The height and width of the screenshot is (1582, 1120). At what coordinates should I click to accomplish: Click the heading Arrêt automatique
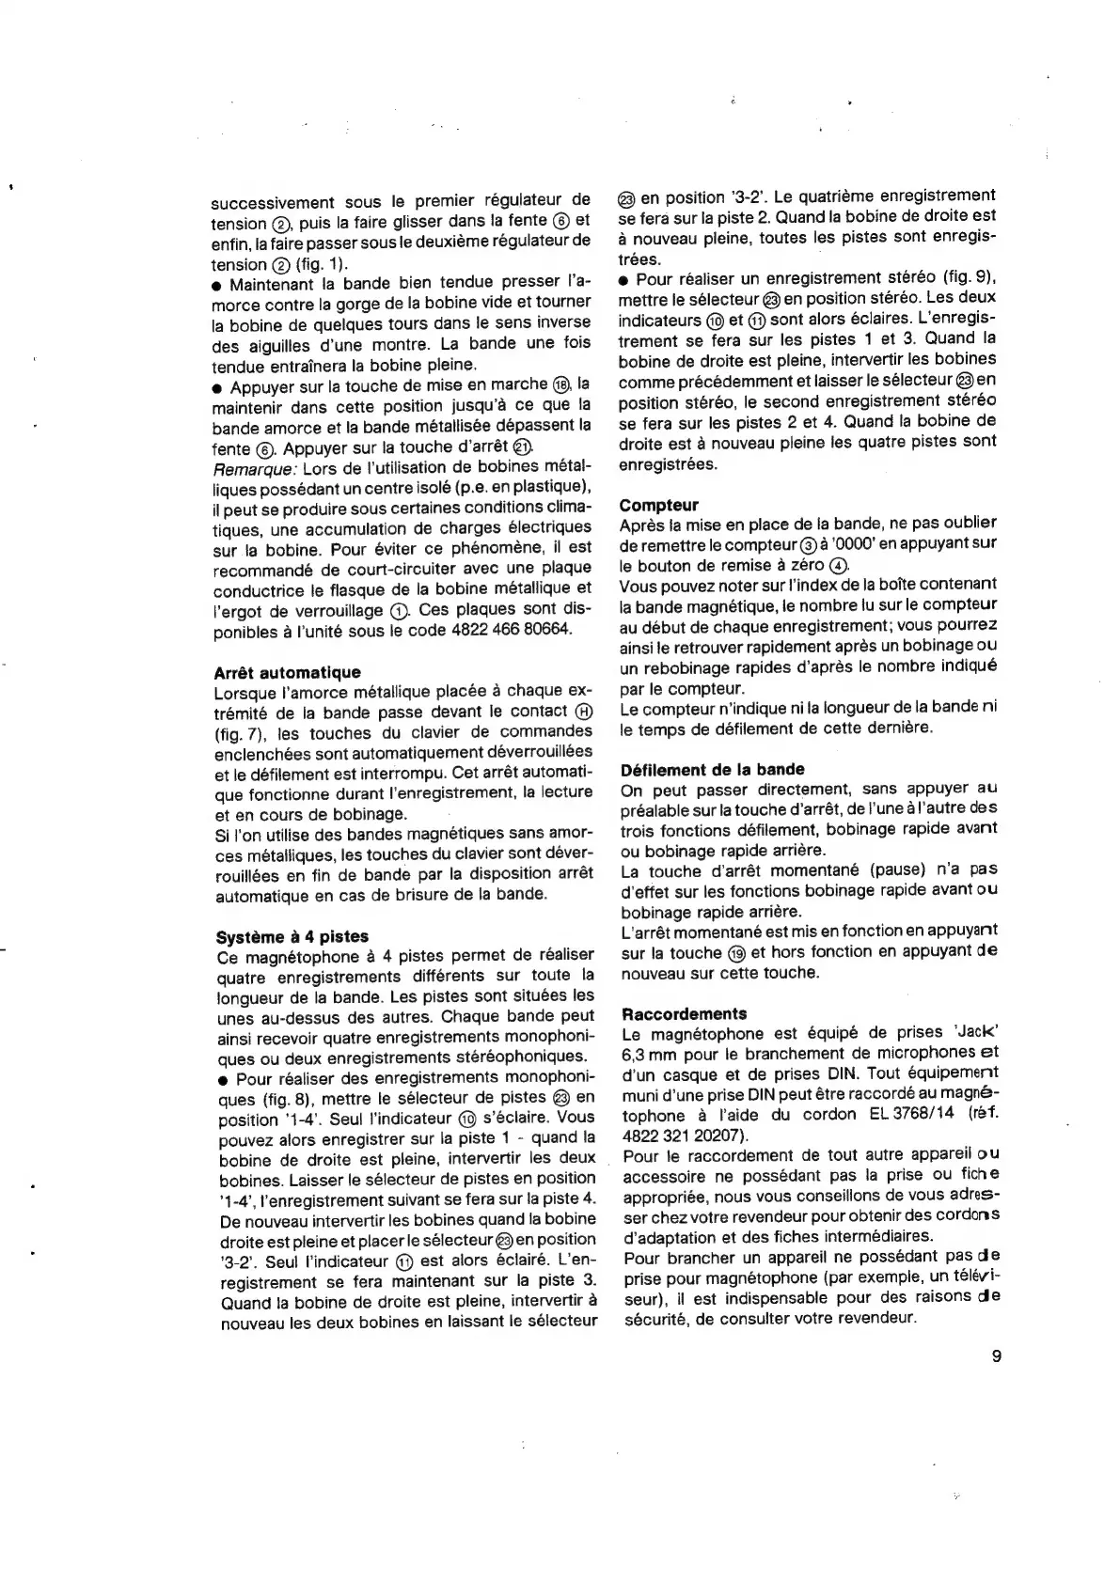tap(288, 672)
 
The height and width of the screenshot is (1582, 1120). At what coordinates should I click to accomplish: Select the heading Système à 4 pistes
tap(292, 936)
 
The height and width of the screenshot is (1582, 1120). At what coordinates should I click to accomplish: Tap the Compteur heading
tap(659, 505)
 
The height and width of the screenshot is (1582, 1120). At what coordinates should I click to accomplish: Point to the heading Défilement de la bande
tap(713, 769)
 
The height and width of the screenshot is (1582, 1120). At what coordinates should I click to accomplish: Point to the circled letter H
tap(583, 712)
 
